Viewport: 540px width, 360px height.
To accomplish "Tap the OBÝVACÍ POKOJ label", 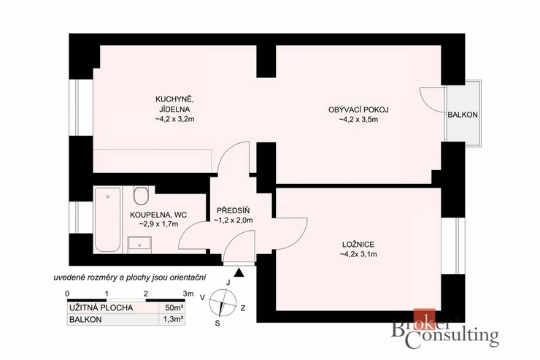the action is (x=358, y=110).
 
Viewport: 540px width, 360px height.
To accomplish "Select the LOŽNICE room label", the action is (x=358, y=245).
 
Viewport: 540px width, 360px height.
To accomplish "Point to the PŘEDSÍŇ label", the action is (x=234, y=210).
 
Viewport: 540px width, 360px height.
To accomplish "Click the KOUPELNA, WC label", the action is (x=158, y=215).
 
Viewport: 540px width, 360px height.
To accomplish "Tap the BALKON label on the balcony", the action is (x=463, y=115).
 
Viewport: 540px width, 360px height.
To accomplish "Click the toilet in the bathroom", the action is (x=141, y=196).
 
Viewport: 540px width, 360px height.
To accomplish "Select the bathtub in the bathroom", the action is (x=108, y=220).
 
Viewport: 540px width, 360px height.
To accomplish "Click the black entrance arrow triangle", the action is (x=239, y=273).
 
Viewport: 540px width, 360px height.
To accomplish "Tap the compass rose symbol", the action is (x=223, y=302).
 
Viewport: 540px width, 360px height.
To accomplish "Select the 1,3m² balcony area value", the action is (x=173, y=320).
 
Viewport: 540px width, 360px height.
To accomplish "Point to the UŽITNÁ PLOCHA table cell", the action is (x=101, y=308).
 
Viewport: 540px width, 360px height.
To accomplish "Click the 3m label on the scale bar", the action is (x=188, y=294).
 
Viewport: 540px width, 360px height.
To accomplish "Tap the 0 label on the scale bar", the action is (x=67, y=294).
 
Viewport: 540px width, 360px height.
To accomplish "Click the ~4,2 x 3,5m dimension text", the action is (x=358, y=120).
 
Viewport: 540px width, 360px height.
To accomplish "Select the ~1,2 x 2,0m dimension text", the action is (x=234, y=220).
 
